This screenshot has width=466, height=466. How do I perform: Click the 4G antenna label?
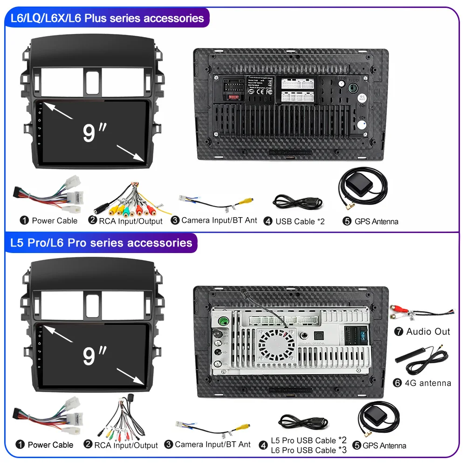[428, 383]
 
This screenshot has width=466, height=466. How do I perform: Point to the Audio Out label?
[428, 332]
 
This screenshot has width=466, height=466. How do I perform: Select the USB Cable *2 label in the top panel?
[300, 221]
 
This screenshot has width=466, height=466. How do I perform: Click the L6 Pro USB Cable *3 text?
[309, 450]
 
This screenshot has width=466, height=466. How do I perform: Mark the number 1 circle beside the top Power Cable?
[24, 220]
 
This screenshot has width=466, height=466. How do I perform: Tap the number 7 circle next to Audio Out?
[398, 332]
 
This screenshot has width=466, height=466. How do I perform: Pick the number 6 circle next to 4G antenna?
[397, 383]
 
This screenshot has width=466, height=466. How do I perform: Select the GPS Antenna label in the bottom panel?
[384, 445]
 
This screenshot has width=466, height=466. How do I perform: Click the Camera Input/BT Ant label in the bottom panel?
[212, 445]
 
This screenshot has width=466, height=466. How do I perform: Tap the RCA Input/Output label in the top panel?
[130, 221]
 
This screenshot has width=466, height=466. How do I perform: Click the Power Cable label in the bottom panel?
[50, 445]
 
